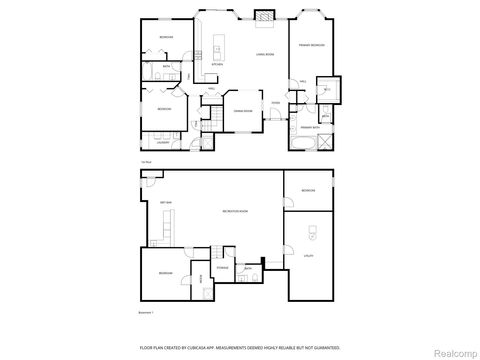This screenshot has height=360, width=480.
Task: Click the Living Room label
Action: [265, 54]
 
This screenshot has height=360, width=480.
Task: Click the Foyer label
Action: [276, 103]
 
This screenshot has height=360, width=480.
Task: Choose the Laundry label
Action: [163, 144]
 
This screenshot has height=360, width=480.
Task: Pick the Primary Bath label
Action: [311, 128]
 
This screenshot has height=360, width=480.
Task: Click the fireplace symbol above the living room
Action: [264, 15]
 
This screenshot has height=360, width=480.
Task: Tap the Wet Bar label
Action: [167, 203]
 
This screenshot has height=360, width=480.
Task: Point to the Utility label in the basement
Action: [309, 256]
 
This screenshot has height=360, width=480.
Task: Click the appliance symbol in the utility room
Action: [310, 236]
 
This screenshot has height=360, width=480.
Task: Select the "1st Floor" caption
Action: [146, 161]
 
